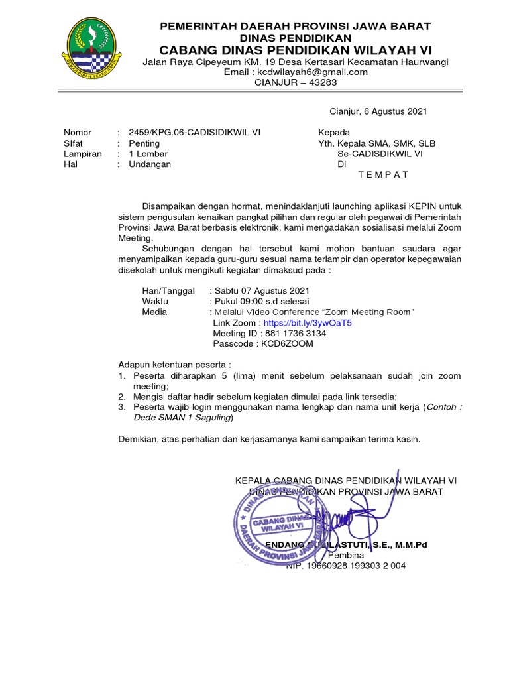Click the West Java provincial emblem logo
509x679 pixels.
point(93,46)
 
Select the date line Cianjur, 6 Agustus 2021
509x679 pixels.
point(379,111)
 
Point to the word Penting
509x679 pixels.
point(144,143)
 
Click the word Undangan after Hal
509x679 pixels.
point(149,164)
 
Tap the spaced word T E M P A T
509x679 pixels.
point(383,175)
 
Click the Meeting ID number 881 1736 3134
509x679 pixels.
point(295,334)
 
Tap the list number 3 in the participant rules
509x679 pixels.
point(121,408)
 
